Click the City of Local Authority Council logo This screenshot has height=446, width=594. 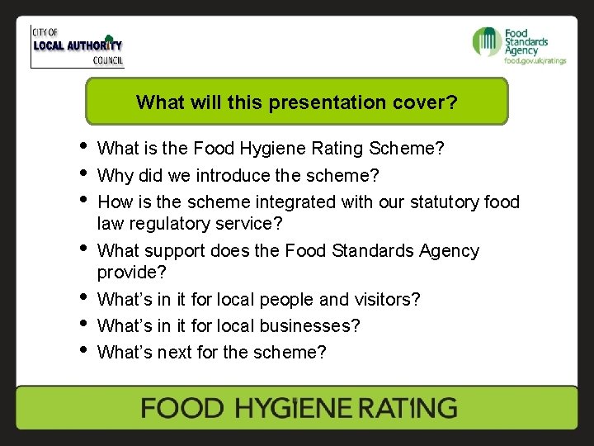point(78,46)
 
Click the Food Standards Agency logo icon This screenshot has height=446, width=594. point(487,41)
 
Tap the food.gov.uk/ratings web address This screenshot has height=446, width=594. point(535,60)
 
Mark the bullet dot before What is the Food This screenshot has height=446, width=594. point(83,149)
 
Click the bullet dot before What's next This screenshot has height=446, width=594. point(83,352)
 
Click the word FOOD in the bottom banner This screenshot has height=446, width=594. point(181,408)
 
